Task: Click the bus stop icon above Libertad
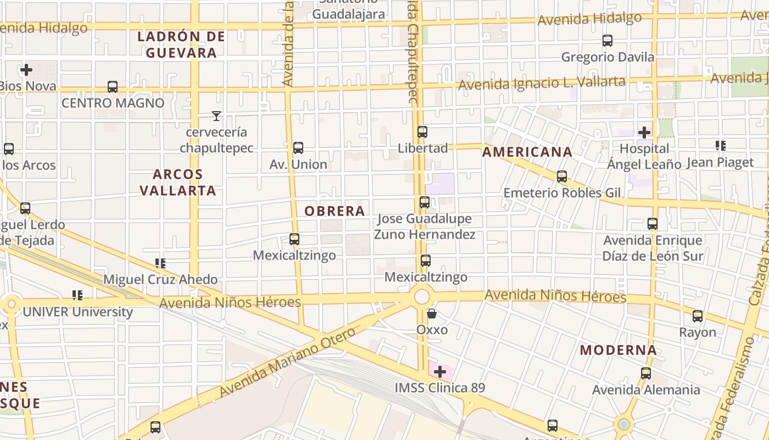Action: click(x=422, y=132)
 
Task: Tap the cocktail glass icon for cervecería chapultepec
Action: click(x=216, y=116)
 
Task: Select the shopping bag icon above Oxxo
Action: click(x=432, y=313)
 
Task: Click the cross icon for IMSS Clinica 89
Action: click(x=440, y=371)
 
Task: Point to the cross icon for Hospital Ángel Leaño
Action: click(x=644, y=133)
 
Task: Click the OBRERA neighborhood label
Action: click(x=335, y=211)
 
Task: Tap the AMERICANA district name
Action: click(x=527, y=152)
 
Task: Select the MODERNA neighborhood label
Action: click(x=618, y=350)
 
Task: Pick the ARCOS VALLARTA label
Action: click(x=177, y=182)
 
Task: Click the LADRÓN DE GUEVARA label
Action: click(x=181, y=45)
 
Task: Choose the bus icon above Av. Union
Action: click(x=298, y=147)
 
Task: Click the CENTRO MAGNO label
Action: click(x=113, y=103)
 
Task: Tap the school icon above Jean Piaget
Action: click(x=721, y=146)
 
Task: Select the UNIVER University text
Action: click(x=77, y=312)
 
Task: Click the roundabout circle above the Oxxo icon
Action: click(x=422, y=296)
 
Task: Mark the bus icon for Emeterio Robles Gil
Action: click(x=562, y=177)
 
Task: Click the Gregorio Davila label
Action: click(x=608, y=57)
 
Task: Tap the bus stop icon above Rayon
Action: click(x=698, y=316)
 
